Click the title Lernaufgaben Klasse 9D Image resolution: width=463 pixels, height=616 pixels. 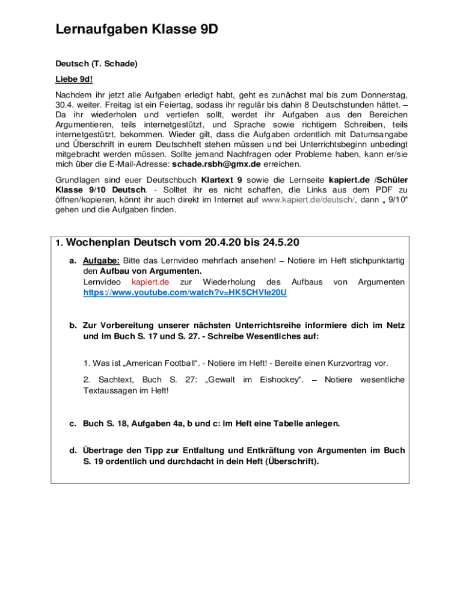tap(136, 29)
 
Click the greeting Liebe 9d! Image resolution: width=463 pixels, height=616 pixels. tap(74, 79)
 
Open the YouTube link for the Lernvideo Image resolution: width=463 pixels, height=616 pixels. tap(185, 293)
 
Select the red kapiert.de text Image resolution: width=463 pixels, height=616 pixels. tap(150, 282)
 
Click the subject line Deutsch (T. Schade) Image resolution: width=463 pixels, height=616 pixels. tap(96, 63)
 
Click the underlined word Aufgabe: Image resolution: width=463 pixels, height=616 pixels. tap(101, 260)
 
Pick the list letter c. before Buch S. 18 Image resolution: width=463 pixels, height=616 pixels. tap(72, 423)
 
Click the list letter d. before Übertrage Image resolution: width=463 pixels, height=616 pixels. tap(72, 450)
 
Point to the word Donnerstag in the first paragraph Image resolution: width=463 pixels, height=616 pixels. tap(385, 94)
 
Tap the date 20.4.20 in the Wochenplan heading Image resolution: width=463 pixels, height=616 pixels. tap(222, 243)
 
